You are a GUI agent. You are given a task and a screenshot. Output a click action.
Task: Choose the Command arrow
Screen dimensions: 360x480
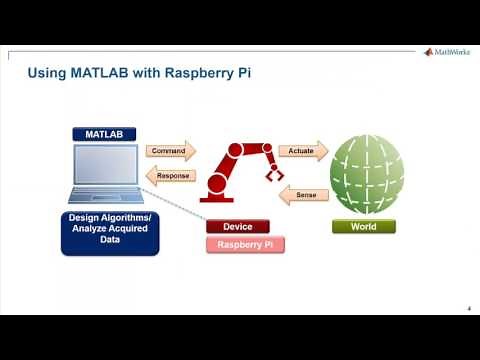click(171, 152)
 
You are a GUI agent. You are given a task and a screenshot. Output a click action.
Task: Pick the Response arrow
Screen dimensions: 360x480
click(171, 175)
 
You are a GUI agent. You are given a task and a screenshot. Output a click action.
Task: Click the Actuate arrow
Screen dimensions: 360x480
click(302, 150)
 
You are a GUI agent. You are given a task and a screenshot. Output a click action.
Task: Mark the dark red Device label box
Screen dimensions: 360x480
click(238, 226)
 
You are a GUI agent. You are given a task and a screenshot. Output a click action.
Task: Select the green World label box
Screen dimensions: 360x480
click(363, 226)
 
